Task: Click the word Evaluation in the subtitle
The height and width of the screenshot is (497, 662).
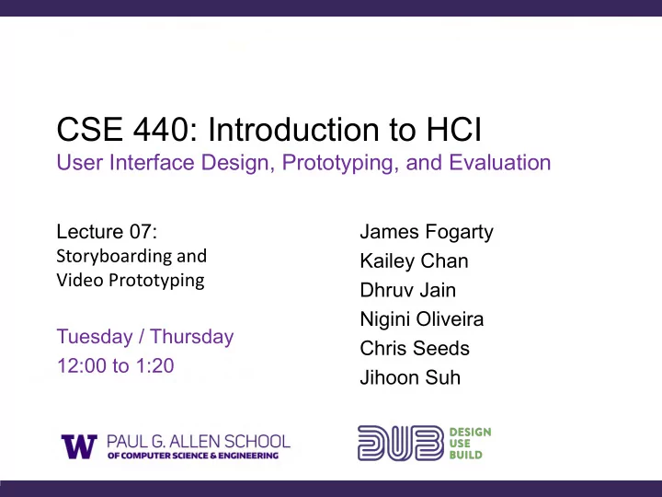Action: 499,162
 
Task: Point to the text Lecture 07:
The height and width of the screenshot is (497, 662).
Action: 107,232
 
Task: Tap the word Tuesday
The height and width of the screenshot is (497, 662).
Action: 95,337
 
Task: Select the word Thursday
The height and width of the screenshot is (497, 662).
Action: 191,337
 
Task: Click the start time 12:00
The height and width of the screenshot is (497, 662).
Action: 82,366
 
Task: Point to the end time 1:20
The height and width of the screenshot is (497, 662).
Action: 155,366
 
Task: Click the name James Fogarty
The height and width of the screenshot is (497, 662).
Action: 427,232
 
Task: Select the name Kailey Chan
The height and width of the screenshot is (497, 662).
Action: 414,261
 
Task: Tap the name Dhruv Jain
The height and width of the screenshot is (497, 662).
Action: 408,290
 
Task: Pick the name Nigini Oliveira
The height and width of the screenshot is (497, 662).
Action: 422,319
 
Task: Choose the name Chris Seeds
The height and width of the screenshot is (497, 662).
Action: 415,349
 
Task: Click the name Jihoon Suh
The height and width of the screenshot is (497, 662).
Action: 410,378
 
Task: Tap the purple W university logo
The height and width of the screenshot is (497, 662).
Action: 79,446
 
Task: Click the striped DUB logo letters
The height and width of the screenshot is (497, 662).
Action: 401,443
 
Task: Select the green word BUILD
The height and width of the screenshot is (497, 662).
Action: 465,456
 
